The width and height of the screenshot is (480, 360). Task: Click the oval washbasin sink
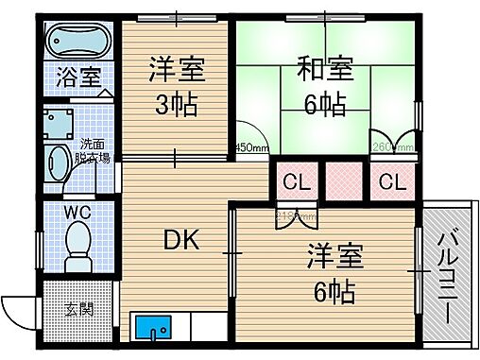tap(60, 162)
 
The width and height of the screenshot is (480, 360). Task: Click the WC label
tap(77, 211)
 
